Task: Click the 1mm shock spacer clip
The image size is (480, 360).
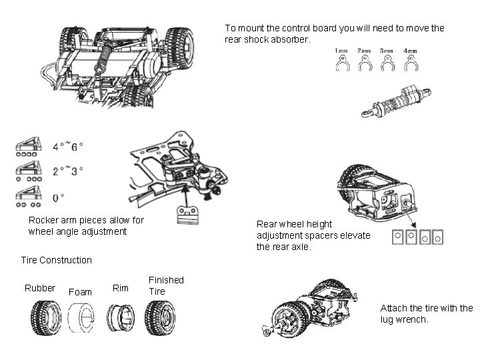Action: click(341, 65)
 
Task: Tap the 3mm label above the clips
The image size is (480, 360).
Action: click(385, 51)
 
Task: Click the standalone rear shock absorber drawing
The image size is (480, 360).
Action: click(395, 103)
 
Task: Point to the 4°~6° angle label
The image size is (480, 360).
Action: click(67, 146)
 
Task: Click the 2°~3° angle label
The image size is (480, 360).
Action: click(67, 171)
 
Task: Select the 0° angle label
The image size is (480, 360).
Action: click(59, 197)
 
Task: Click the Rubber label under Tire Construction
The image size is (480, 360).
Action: click(40, 288)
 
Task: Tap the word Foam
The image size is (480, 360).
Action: click(80, 292)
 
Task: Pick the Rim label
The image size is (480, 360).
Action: click(121, 288)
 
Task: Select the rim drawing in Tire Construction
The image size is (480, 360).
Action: click(122, 318)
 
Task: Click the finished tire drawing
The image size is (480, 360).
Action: click(160, 318)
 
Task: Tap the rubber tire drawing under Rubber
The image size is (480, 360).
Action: click(45, 318)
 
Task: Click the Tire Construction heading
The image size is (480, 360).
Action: click(57, 260)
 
